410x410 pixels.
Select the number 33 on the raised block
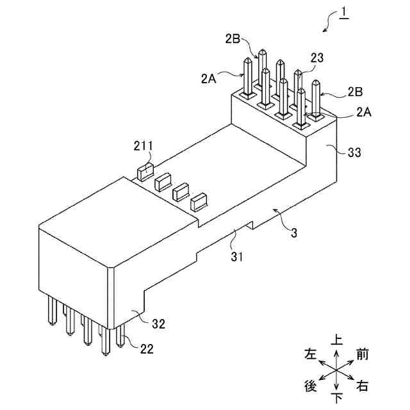pos(354,152)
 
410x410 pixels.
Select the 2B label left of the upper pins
pos(233,38)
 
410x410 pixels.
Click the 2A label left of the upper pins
pos(208,79)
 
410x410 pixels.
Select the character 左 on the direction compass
pos(311,354)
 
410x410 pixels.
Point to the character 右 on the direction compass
pos(363,386)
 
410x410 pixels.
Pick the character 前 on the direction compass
pos(363,354)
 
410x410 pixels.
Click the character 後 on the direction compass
pos(311,386)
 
